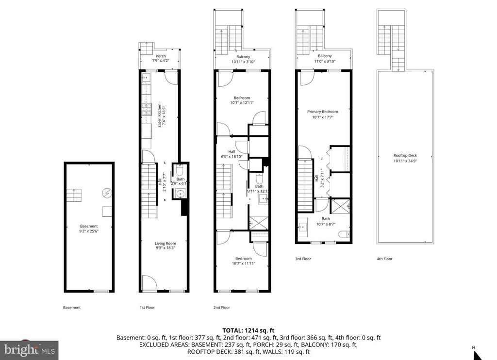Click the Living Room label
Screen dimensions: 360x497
(166, 244)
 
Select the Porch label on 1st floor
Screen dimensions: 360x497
(160, 56)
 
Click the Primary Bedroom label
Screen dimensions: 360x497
(322, 112)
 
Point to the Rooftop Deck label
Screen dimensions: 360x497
(405, 156)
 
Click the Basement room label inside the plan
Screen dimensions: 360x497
(89, 226)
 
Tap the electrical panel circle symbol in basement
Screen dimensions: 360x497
(106, 193)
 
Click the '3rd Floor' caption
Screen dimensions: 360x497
(303, 259)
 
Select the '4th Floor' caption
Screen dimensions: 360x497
(384, 259)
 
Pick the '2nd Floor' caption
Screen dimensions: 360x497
(222, 308)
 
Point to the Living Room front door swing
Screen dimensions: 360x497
(149, 283)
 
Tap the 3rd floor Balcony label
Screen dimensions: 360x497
(325, 56)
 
